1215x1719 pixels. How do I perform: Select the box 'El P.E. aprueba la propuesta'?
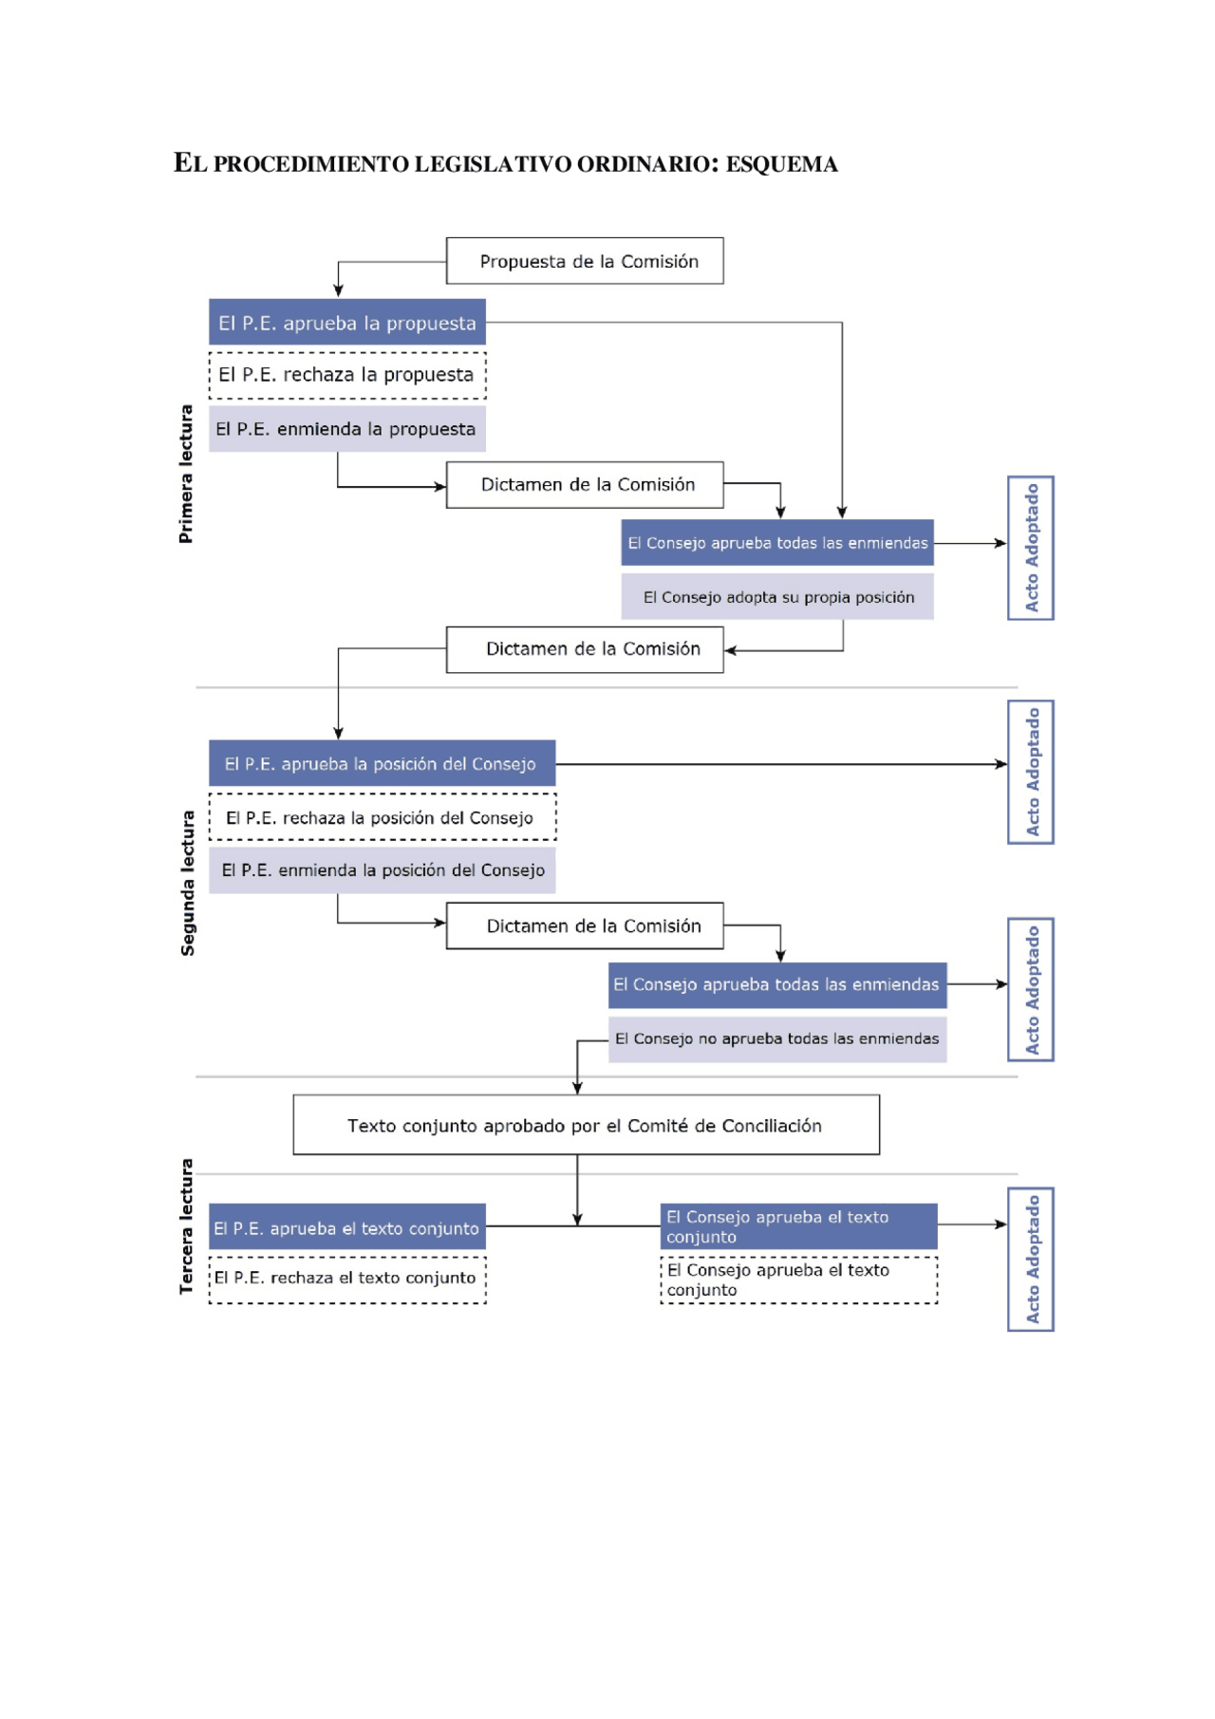346,323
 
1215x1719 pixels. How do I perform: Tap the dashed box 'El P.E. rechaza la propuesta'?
346,375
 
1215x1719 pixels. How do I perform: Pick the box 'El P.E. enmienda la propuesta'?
346,429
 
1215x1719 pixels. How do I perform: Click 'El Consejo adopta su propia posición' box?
777,597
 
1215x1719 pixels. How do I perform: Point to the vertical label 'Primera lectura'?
186,474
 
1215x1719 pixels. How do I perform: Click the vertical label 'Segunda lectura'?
188,883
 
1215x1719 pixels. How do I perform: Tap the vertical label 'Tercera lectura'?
187,1225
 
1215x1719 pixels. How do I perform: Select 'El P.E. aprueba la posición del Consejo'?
382,763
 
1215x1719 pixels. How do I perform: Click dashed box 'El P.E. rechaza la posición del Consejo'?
382,817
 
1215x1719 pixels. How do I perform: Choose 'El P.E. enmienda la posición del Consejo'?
382,870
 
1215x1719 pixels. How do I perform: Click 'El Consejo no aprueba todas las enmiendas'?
777,1038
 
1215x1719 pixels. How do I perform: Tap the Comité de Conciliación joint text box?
586,1126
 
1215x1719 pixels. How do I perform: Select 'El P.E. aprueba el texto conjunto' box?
346,1227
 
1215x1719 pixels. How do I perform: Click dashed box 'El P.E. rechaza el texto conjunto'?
346,1280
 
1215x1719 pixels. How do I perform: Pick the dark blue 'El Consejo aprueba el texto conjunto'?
798,1226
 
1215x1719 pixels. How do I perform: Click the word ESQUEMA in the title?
781,164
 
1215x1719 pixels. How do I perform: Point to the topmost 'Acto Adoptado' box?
1031,548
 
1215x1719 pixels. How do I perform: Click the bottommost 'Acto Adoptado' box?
1031,1259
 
